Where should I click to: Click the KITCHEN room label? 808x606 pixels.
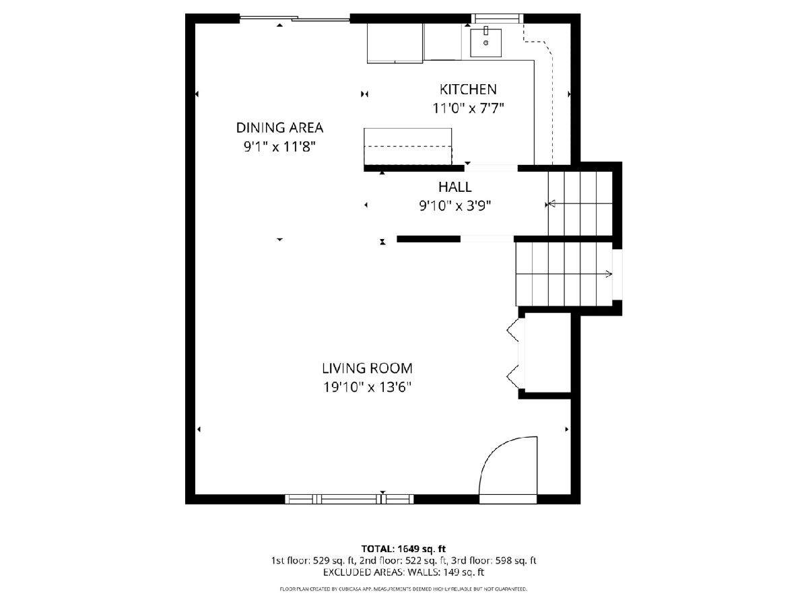click(x=468, y=90)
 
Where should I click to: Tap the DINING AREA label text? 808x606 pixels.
click(x=279, y=128)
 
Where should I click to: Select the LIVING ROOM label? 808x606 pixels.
click(x=367, y=368)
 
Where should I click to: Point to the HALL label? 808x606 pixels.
click(x=455, y=187)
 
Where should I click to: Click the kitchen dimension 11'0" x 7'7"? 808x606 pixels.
click(x=468, y=108)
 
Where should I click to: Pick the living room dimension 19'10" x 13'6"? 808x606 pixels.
click(x=367, y=387)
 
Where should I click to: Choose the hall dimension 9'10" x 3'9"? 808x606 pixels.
click(x=455, y=205)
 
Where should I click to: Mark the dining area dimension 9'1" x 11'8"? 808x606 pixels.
click(x=279, y=147)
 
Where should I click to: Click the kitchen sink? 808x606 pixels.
click(x=486, y=42)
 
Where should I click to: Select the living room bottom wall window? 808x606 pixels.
click(x=349, y=499)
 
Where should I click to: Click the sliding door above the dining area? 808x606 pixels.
click(x=294, y=18)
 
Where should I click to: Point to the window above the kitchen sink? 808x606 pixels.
click(x=498, y=18)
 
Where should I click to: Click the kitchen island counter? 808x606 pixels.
click(x=408, y=146)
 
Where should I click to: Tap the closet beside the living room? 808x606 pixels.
click(x=545, y=352)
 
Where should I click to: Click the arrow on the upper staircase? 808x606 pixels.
click(x=580, y=203)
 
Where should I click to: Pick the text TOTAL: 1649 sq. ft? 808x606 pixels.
click(x=403, y=549)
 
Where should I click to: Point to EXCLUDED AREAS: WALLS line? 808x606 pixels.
click(x=404, y=572)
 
